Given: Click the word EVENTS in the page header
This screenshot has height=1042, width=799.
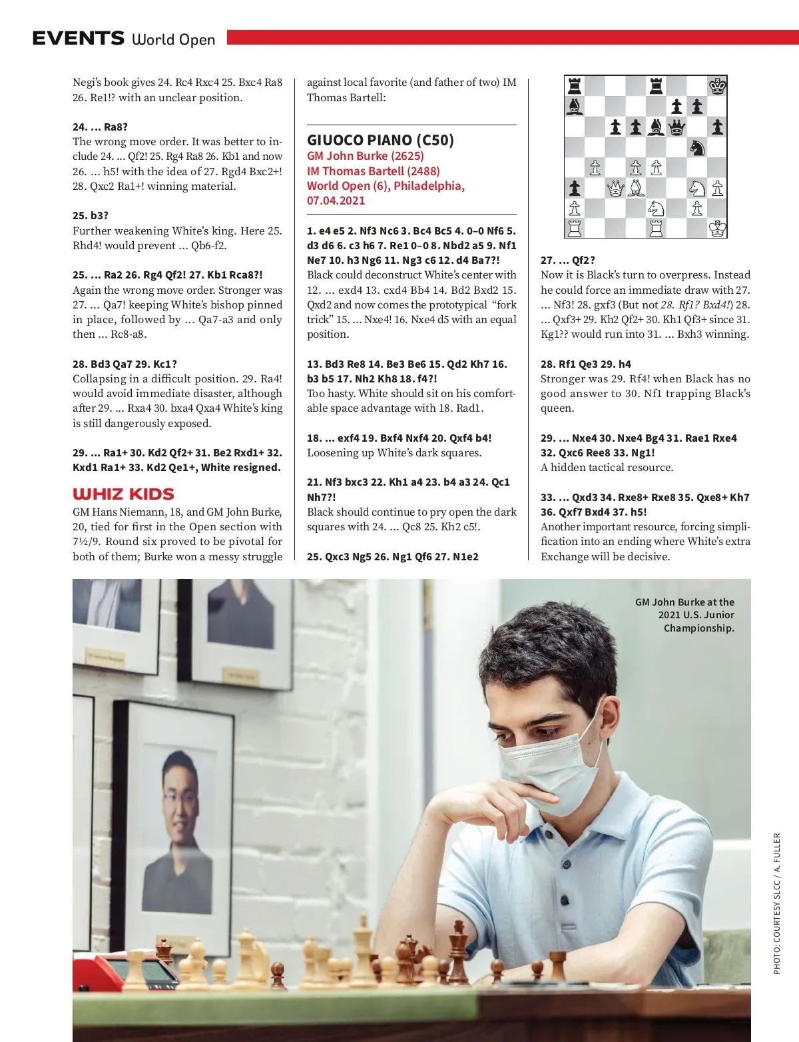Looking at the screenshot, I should pyautogui.click(x=78, y=39).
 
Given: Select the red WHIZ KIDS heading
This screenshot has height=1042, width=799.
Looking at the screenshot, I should pyautogui.click(x=123, y=494).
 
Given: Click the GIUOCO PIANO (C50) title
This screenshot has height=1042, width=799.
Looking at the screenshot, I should pyautogui.click(x=380, y=140).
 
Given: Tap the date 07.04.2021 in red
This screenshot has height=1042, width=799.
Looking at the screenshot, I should pyautogui.click(x=336, y=201).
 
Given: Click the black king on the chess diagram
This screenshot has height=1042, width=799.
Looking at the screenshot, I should pyautogui.click(x=717, y=86).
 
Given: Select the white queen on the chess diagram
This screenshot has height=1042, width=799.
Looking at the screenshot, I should pyautogui.click(x=615, y=189).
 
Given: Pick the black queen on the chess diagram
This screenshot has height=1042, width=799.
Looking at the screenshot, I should pyautogui.click(x=676, y=127).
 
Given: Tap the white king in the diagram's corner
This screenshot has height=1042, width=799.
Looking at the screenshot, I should pyautogui.click(x=717, y=229).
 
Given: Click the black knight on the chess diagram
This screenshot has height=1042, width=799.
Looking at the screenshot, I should pyautogui.click(x=696, y=147).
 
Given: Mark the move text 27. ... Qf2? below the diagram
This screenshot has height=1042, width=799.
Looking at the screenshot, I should pyautogui.click(x=568, y=260).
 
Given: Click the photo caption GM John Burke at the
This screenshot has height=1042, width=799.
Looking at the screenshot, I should pyautogui.click(x=684, y=602).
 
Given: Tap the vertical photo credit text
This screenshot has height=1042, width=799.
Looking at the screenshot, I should pyautogui.click(x=776, y=903).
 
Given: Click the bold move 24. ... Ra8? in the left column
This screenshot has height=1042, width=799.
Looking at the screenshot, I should pyautogui.click(x=100, y=127).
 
